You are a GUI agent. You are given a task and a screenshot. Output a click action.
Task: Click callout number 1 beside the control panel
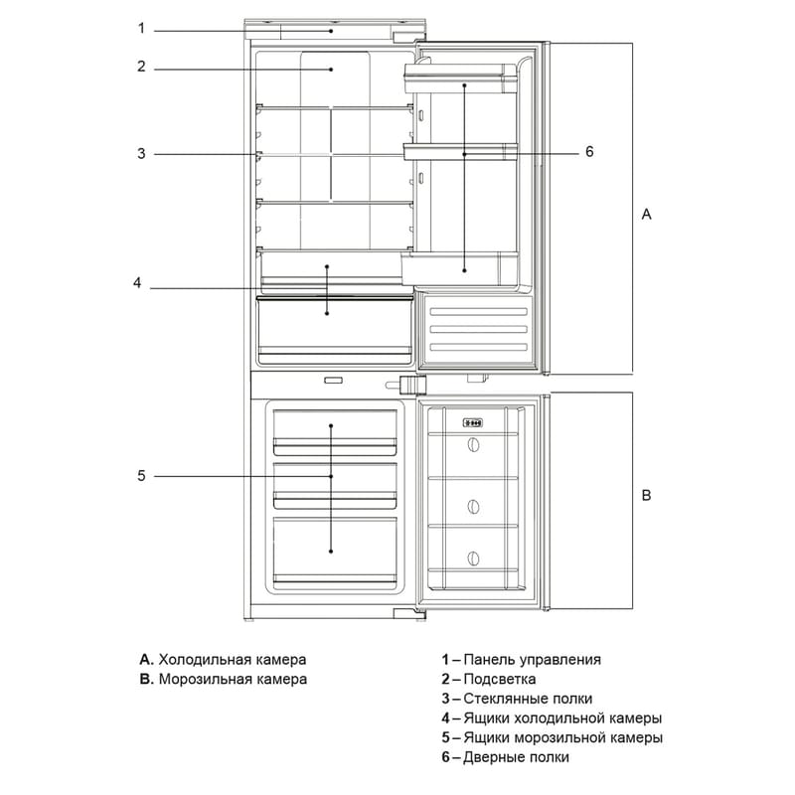pos(141,29)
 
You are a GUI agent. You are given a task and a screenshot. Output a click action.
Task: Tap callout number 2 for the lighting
pos(141,67)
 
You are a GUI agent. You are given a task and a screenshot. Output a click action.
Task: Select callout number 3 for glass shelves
pos(141,154)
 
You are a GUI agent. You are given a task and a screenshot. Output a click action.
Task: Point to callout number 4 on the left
pos(137,282)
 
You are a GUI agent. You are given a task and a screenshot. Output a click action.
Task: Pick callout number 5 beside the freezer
pos(141,476)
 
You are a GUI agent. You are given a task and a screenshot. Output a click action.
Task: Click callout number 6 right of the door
pos(589,152)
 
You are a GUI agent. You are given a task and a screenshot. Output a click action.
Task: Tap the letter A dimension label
pos(646,215)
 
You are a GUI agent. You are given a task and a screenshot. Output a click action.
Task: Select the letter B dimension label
pos(646,495)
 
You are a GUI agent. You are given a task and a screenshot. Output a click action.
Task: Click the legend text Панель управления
pos(532,660)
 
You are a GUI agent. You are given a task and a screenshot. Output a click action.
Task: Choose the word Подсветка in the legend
pos(500,680)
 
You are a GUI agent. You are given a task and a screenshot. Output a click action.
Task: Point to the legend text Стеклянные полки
pos(528,699)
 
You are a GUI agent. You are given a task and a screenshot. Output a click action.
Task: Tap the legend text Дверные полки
pos(516,757)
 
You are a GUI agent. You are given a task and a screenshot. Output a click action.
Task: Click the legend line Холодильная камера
pos(223,660)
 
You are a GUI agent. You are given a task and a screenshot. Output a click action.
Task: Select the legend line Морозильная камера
pos(223,680)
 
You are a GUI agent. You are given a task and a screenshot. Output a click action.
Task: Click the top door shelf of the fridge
pos(460,79)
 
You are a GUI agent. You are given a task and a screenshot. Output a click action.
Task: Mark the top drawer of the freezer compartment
pos(335,432)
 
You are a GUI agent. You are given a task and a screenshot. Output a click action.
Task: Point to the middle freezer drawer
pos(335,485)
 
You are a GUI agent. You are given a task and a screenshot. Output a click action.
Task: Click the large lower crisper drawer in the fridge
pos(334,331)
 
